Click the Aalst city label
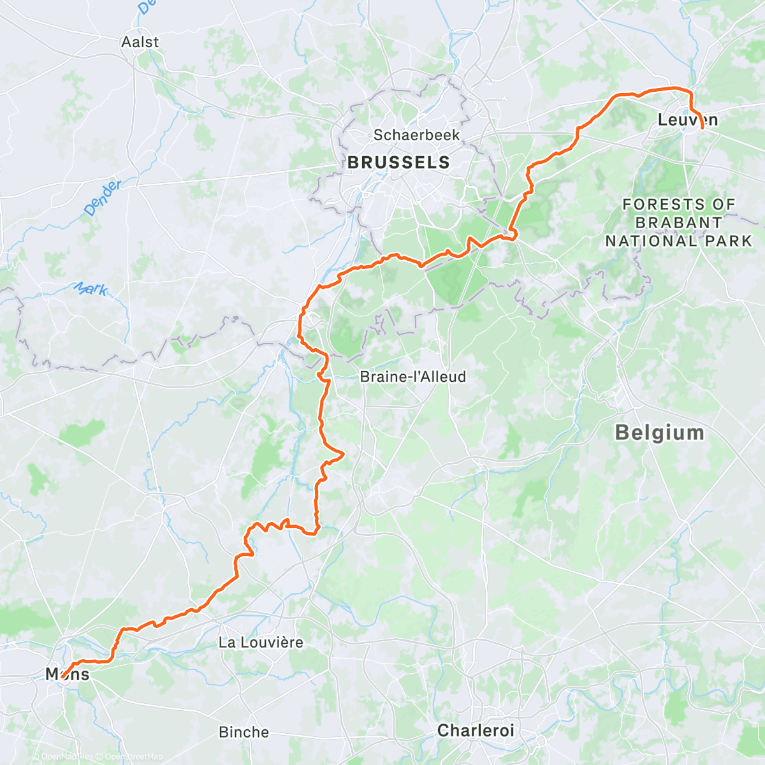pos(140,42)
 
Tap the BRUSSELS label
pos(398,163)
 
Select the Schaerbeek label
pos(416,135)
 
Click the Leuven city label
pos(687,120)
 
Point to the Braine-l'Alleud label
pos(413,377)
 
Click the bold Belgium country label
pos(659,433)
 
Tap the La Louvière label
pos(261,642)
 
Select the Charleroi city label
pos(476,730)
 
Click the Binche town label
pos(244,732)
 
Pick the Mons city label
pos(68,674)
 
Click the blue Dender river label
pos(102,198)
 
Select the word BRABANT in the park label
pos(678,222)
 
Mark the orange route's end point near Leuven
pos(703,128)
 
